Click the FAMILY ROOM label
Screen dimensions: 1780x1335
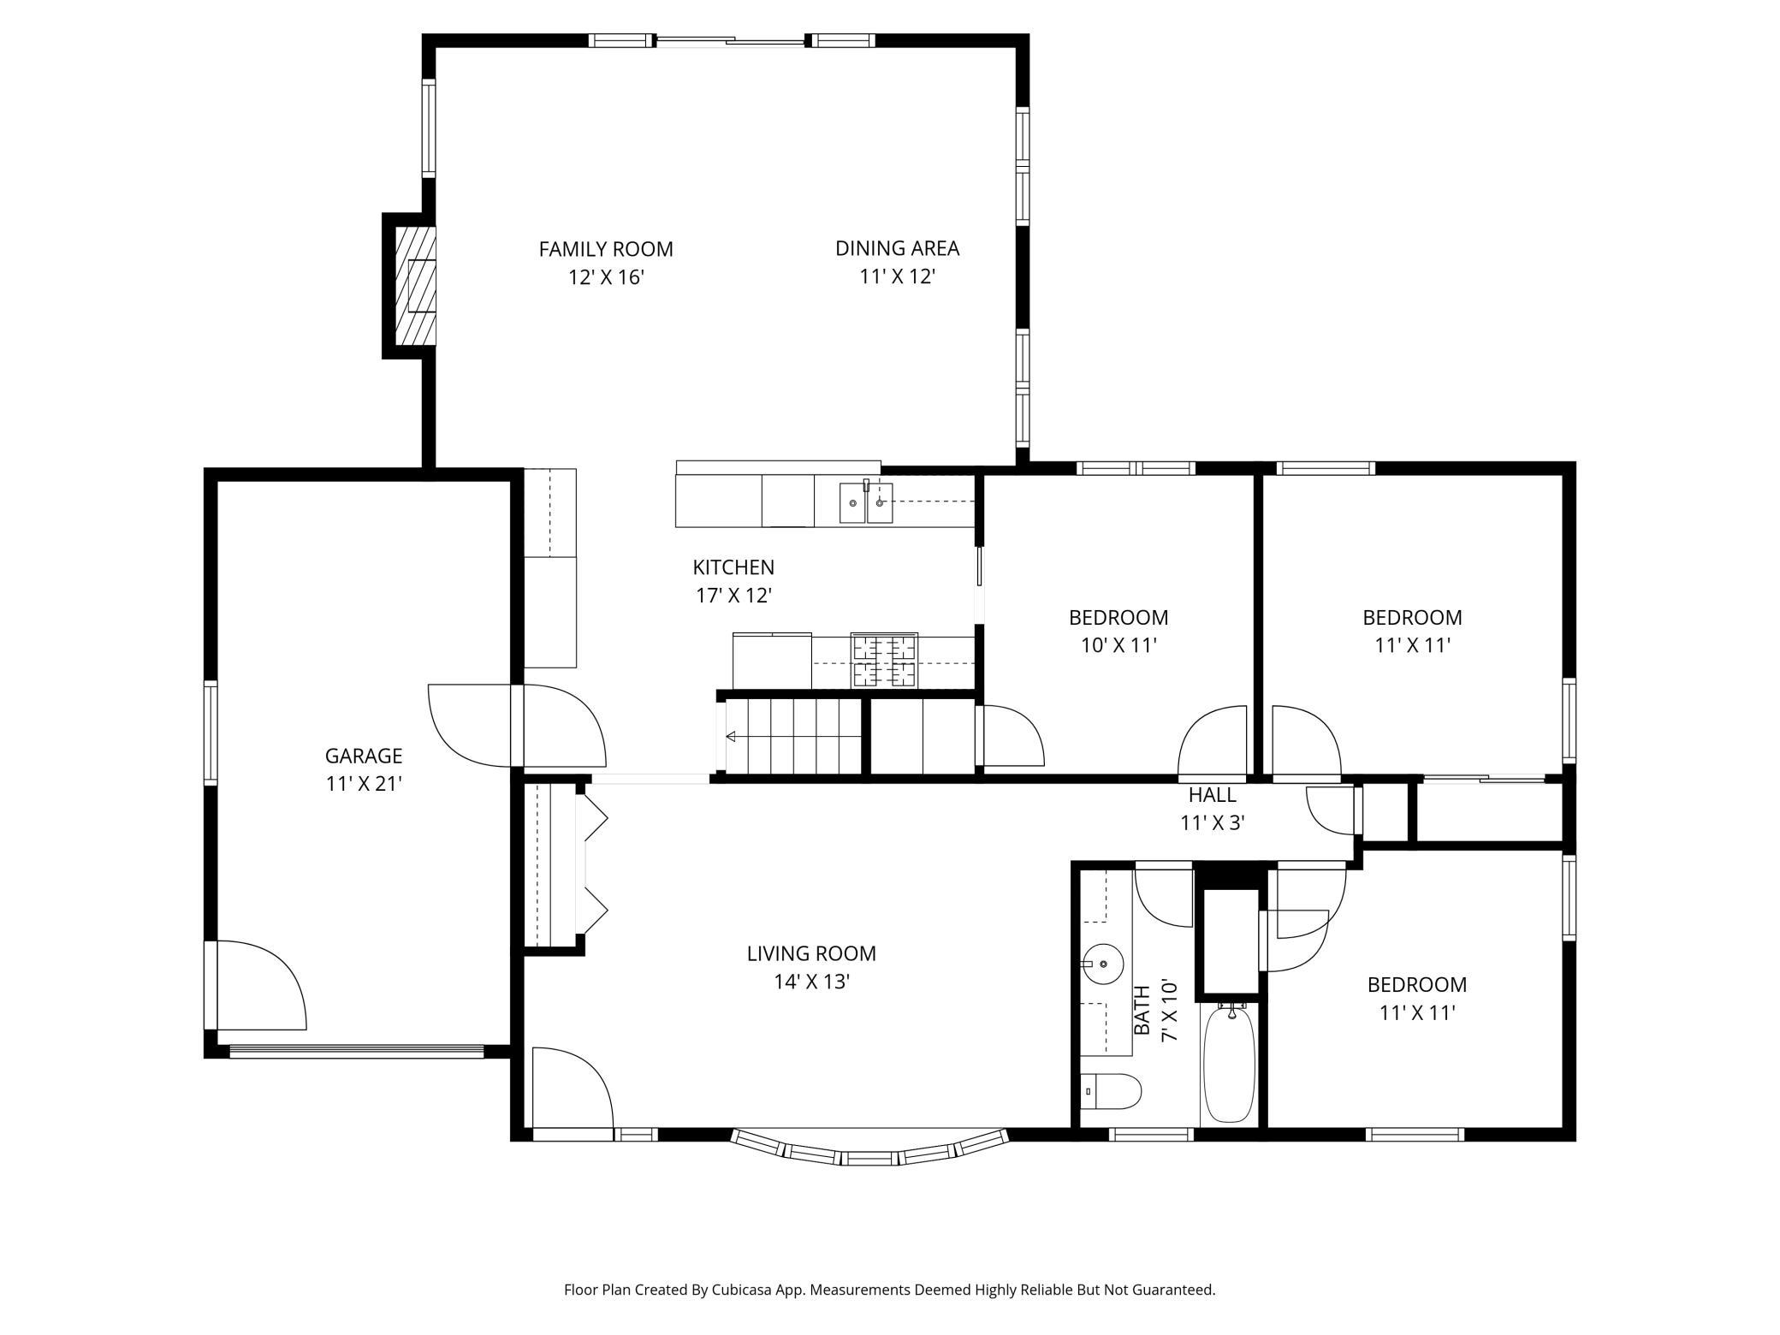(606, 249)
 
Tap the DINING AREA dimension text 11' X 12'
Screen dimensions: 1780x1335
(897, 276)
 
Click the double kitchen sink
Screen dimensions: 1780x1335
(866, 503)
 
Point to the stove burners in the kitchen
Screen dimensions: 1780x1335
(884, 661)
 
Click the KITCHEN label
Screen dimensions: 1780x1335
(733, 567)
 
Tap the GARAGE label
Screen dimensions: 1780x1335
(364, 756)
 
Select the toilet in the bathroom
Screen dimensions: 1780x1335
(1111, 1091)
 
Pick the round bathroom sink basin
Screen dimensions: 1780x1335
(1103, 964)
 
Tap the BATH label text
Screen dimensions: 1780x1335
(1142, 1011)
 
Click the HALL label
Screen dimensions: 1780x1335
(1212, 795)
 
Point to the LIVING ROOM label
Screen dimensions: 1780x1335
(811, 953)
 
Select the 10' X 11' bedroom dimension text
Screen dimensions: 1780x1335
(1118, 645)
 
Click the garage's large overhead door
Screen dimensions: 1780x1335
(357, 1051)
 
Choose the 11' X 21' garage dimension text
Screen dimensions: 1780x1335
(364, 784)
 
